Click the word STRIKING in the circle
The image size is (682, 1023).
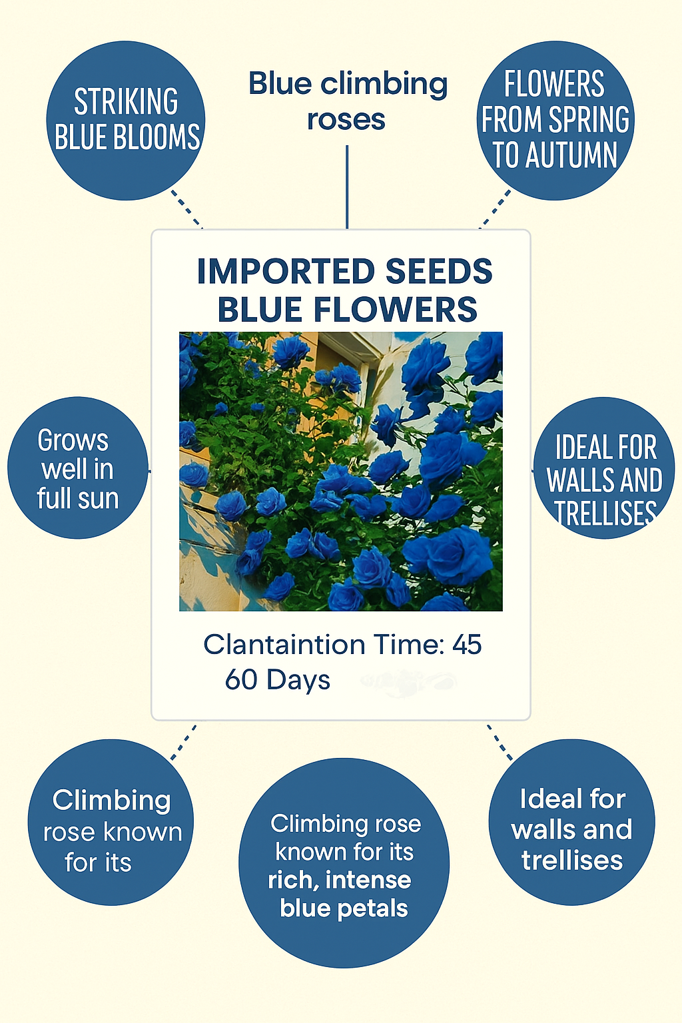coord(126,102)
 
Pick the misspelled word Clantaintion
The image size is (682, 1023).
coord(284,645)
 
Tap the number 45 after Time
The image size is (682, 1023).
coord(466,645)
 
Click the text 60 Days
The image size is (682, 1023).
coord(278,680)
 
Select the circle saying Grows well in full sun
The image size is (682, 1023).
coord(78,468)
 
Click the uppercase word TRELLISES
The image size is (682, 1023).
coord(605,513)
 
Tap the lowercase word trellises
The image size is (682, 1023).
coord(572,860)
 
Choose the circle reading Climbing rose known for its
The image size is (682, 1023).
coord(111,823)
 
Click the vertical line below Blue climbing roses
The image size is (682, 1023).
coord(347,187)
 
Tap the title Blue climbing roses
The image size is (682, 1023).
coord(347,101)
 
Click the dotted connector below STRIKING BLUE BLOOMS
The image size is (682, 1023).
coord(186,208)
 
